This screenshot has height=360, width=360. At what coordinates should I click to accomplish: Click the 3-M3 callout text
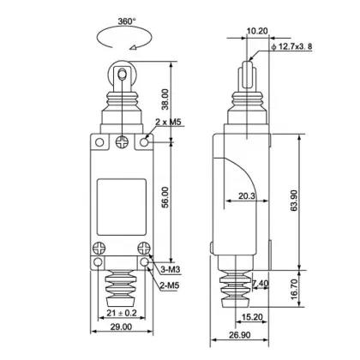click(171, 270)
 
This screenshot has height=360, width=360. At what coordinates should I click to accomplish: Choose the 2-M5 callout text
click(171, 284)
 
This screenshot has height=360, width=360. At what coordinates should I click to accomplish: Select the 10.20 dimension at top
click(255, 32)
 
